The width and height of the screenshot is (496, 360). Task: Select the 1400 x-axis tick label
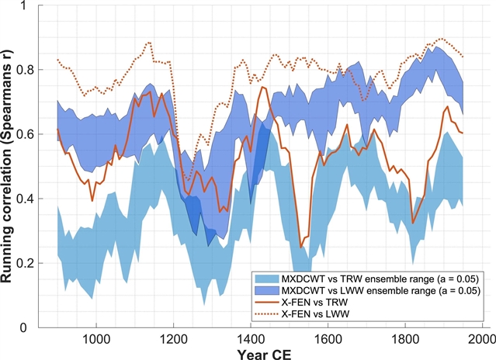250,339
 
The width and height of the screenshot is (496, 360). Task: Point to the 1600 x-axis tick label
327,339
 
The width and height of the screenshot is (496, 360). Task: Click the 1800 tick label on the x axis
404,339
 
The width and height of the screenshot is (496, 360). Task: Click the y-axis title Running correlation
12,166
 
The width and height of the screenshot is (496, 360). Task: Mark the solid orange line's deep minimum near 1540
301,247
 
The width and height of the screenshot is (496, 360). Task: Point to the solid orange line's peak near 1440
263,87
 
